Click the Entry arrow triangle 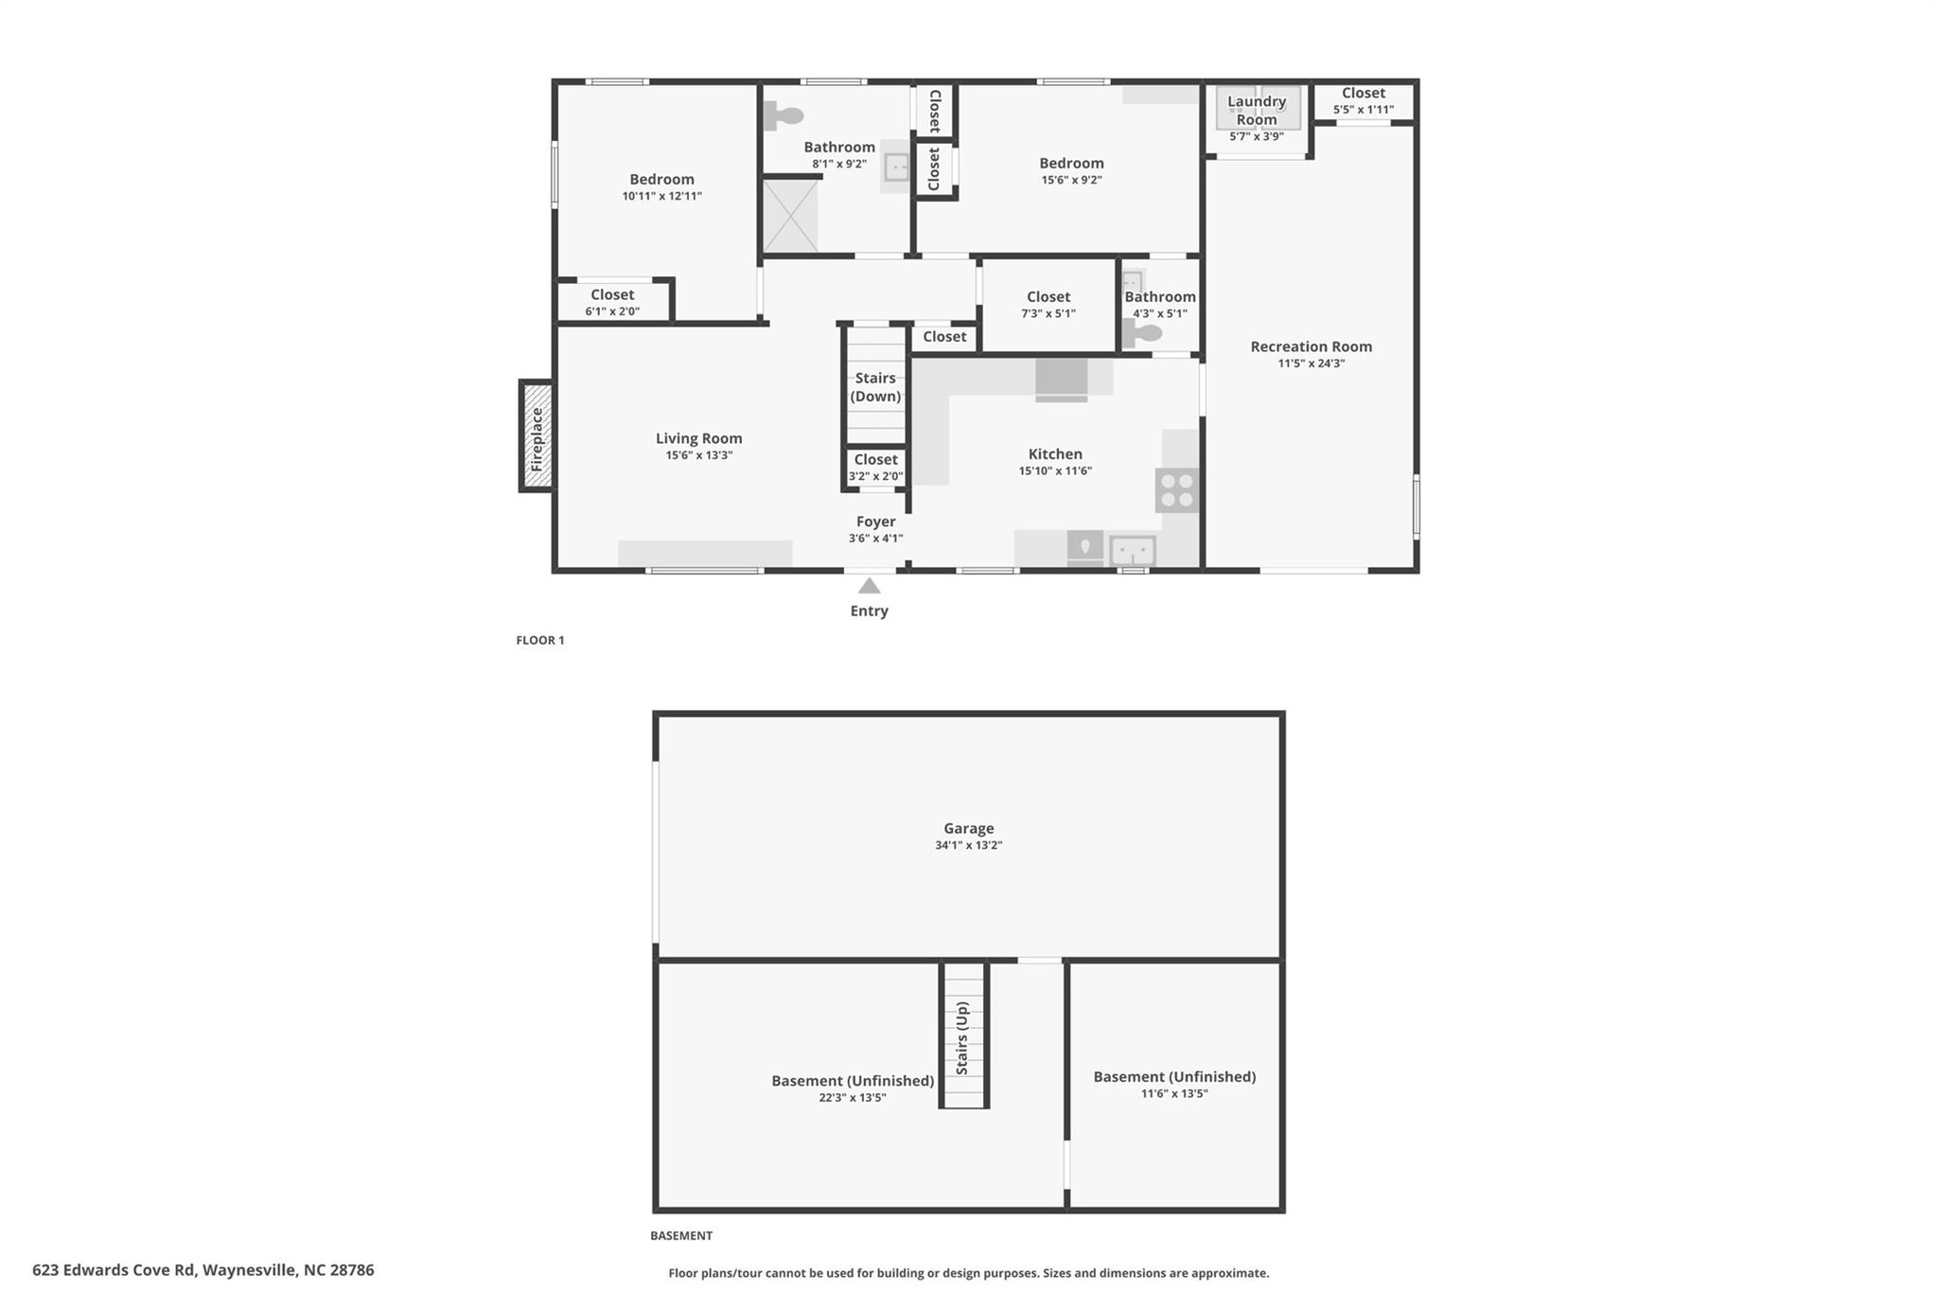click(869, 586)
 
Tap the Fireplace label click(537, 438)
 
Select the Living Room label click(699, 438)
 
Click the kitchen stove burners click(1177, 490)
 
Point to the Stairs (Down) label click(875, 387)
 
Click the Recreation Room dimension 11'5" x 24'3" click(1312, 363)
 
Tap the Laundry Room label click(1257, 110)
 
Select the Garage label click(969, 828)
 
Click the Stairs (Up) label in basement click(962, 1038)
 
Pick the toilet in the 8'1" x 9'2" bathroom click(783, 116)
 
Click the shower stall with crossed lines click(790, 216)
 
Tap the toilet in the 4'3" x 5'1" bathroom click(1141, 333)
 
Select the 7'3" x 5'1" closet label click(1048, 296)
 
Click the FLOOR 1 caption click(540, 640)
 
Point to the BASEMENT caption click(681, 1235)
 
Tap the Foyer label click(876, 522)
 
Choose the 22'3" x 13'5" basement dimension click(853, 1098)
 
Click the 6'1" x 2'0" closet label click(612, 311)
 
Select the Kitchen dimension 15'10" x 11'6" click(1055, 471)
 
